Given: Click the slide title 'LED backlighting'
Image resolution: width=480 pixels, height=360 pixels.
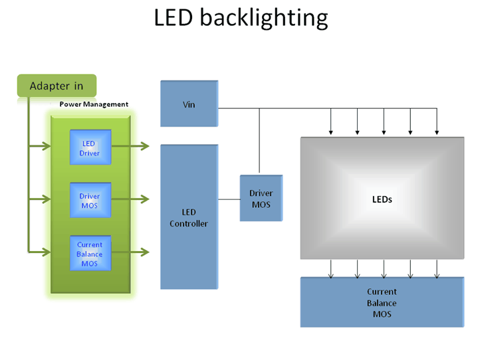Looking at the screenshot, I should point(241,18).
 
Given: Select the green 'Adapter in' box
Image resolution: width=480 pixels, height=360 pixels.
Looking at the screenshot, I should point(57,86).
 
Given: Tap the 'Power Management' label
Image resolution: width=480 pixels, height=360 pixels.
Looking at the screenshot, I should point(94,104).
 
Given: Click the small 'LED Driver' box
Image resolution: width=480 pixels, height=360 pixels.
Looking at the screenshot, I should point(90,148).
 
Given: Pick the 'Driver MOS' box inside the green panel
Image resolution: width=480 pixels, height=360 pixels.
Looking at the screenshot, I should point(90,201).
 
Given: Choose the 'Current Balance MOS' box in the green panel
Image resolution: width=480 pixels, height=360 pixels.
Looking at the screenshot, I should point(90,254).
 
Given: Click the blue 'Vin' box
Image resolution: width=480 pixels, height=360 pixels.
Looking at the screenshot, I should point(189,104).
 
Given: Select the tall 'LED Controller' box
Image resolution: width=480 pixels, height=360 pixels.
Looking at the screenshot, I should point(189,217).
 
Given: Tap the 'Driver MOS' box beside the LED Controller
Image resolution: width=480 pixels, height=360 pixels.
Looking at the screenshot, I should point(261,198).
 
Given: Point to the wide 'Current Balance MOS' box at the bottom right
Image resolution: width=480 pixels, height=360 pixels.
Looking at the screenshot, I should point(382,302).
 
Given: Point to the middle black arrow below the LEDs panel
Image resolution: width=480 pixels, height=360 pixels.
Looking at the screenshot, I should point(384,268).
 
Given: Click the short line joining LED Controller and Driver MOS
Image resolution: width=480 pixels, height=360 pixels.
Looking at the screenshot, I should point(229,198).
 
